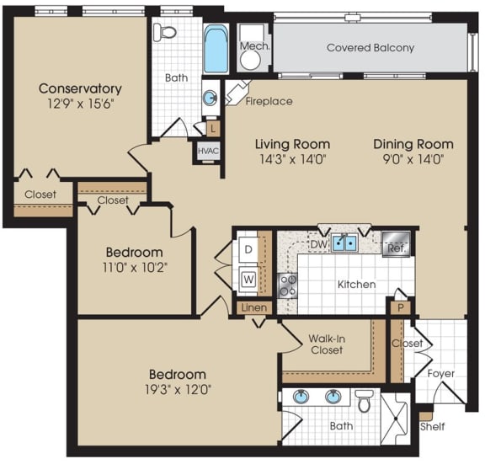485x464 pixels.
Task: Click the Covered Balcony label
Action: pyautogui.click(x=370, y=48)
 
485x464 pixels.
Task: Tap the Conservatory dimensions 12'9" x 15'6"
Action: pyautogui.click(x=80, y=105)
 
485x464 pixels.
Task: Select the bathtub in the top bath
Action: pyautogui.click(x=216, y=49)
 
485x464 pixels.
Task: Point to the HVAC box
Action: pyautogui.click(x=207, y=151)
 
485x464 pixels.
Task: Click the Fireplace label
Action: pyautogui.click(x=269, y=101)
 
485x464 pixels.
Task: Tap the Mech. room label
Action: pyautogui.click(x=253, y=46)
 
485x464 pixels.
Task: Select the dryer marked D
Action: pyautogui.click(x=248, y=249)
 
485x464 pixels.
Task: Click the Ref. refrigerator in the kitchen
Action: pyautogui.click(x=396, y=245)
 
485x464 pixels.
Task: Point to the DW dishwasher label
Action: pyautogui.click(x=317, y=243)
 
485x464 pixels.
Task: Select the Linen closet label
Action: pyautogui.click(x=253, y=308)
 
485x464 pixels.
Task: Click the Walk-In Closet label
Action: pyautogui.click(x=327, y=343)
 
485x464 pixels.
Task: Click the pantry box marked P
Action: pyautogui.click(x=401, y=308)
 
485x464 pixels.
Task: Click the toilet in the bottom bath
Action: pyautogui.click(x=364, y=402)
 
